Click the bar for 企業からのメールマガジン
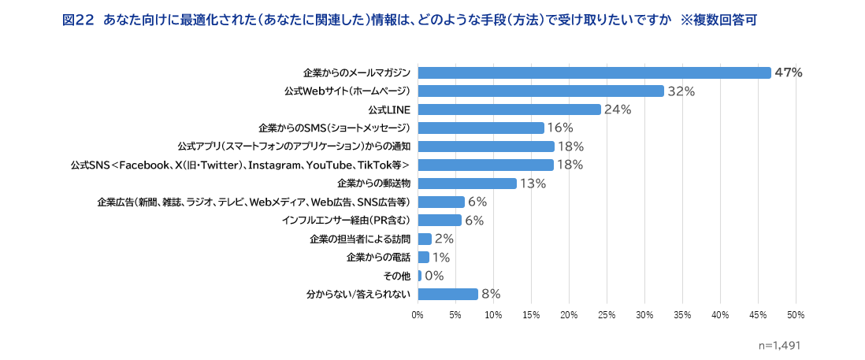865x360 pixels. point(594,72)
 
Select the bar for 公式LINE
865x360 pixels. point(509,109)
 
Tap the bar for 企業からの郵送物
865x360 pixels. point(467,184)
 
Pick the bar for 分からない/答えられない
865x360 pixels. point(447,294)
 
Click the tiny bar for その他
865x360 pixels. point(420,276)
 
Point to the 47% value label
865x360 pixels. point(788,72)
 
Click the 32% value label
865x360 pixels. point(681,91)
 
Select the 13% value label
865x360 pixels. point(533,184)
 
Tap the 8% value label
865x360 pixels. point(491,294)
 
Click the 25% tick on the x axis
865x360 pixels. point(607,314)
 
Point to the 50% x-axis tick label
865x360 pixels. point(795,314)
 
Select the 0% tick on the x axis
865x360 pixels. point(418,314)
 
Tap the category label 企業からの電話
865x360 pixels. point(378,257)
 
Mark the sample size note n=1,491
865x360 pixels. point(779,345)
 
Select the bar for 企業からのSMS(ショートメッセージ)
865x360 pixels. point(481,128)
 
